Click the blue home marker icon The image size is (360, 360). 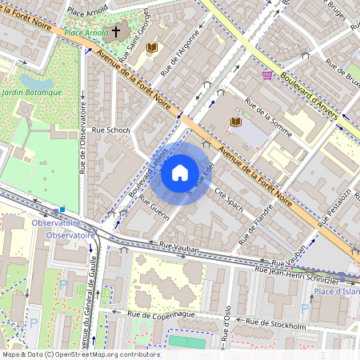(180, 172)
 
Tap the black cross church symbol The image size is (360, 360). (116, 33)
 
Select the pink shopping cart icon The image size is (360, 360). (266, 74)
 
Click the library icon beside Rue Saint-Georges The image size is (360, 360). (152, 48)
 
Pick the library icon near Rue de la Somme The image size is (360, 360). (235, 122)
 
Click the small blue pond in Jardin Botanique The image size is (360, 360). (36, 81)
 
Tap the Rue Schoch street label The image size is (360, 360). (110, 130)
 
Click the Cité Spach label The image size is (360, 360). (229, 198)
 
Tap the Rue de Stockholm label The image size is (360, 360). (276, 325)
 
